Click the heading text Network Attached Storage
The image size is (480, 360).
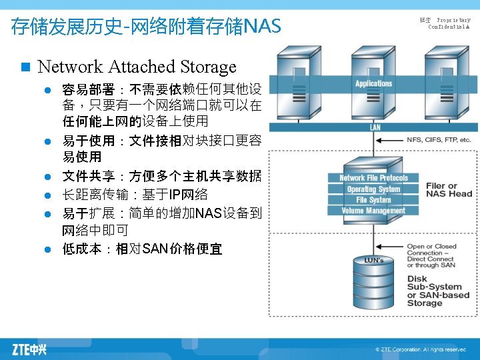[x=137, y=67]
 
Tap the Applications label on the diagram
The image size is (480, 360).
[x=373, y=83]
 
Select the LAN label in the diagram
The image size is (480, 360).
[x=375, y=127]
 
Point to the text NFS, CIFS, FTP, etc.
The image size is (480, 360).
[x=439, y=140]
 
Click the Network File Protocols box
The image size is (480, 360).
[x=373, y=178]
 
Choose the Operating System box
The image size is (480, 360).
[x=373, y=189]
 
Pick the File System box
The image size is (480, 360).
[x=373, y=199]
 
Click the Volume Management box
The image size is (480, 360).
[x=373, y=211]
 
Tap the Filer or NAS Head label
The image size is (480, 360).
[x=449, y=190]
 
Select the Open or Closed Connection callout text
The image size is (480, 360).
[x=432, y=256]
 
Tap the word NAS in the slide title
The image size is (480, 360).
[x=263, y=27]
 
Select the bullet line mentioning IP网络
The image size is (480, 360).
[x=135, y=195]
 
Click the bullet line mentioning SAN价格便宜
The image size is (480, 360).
[x=142, y=249]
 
